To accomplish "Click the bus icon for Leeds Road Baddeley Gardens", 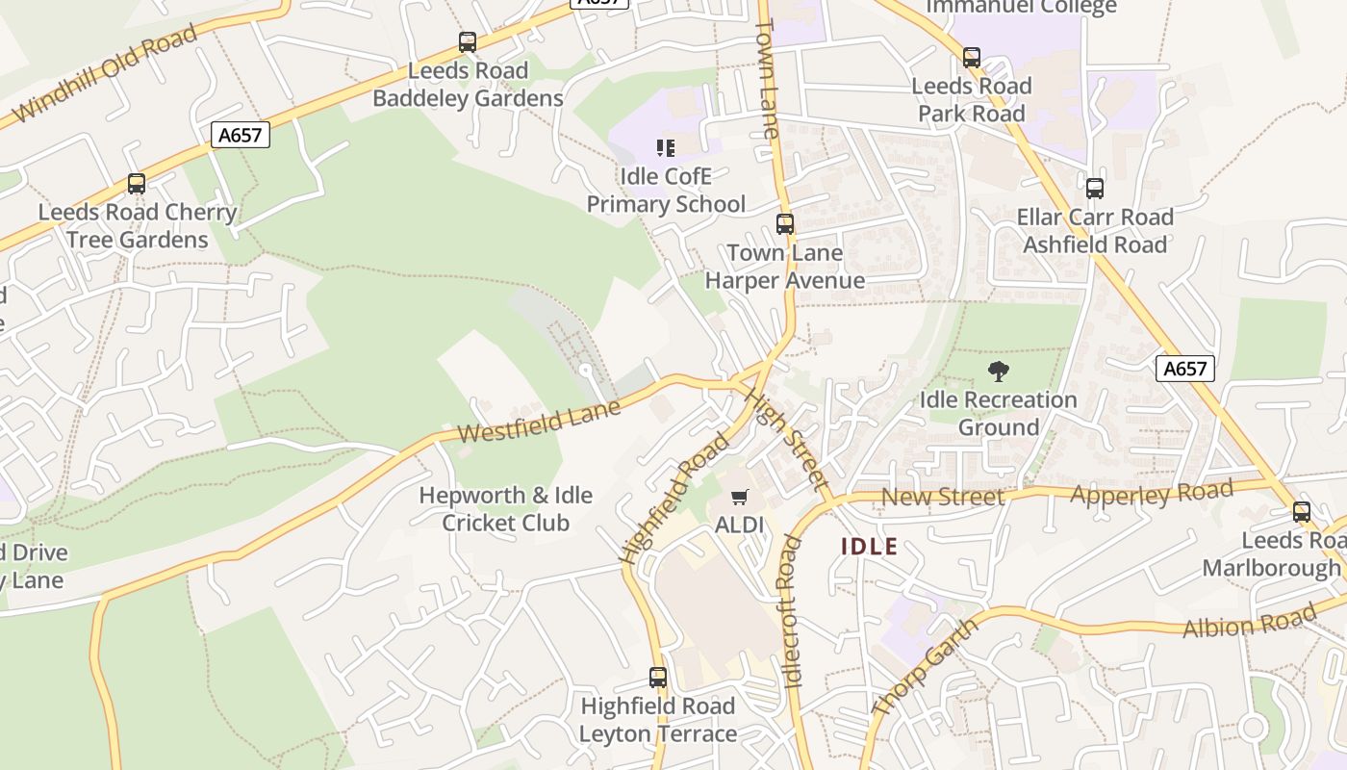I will (x=468, y=42).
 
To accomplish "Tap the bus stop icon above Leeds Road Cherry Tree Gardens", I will (x=137, y=184).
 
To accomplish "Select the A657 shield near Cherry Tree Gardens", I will (x=240, y=135).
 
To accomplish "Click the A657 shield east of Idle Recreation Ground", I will (x=1184, y=369).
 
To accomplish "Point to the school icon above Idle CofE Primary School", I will (x=666, y=148).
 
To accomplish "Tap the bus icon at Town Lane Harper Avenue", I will (x=785, y=224).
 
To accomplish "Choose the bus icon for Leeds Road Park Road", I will (x=972, y=58).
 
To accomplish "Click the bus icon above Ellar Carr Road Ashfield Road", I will (x=1095, y=189).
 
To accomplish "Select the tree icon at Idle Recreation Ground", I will (x=999, y=372).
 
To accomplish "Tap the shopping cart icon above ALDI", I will (x=739, y=498).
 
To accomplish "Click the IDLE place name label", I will (x=869, y=547).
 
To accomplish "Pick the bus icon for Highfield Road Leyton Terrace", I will (x=658, y=678).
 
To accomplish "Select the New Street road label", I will (x=942, y=497).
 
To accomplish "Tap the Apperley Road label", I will (x=1151, y=494).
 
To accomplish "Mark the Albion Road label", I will (x=1248, y=622).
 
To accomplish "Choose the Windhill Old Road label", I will (x=105, y=74).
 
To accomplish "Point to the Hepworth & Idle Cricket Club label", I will (x=506, y=509).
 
